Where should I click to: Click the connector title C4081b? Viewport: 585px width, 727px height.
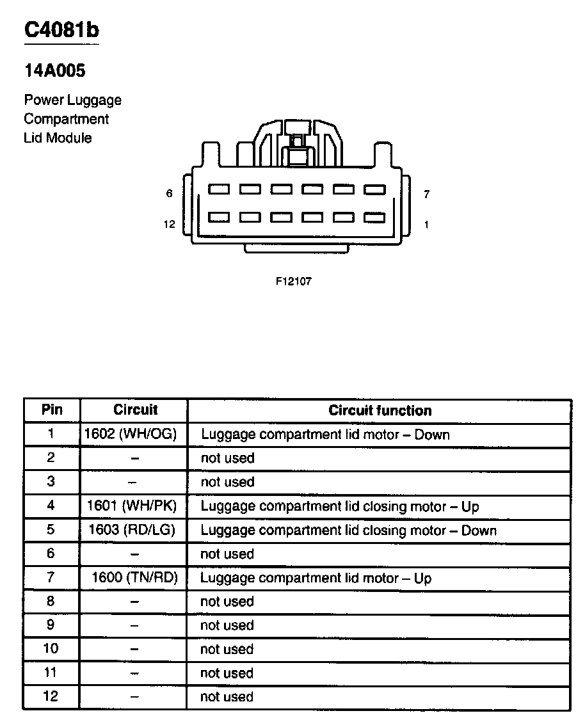click(61, 30)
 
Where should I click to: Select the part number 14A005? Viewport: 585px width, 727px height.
click(54, 71)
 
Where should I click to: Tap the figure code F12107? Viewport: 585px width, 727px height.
click(294, 281)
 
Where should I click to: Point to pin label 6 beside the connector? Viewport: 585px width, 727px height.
click(169, 193)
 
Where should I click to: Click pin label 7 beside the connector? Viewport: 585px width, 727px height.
click(426, 194)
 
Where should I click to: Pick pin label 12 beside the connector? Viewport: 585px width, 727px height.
click(169, 224)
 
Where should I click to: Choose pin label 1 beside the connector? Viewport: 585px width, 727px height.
click(426, 225)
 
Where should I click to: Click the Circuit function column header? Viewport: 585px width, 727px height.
click(380, 411)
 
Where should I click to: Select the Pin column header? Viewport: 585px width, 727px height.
click(52, 410)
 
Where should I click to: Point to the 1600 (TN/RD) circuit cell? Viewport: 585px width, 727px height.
click(134, 578)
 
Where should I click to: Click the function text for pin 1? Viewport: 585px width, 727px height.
click(325, 435)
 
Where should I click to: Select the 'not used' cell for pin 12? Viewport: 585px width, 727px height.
click(227, 697)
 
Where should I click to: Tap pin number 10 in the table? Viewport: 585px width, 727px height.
click(51, 649)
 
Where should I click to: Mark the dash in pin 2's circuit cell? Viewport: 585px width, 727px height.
click(135, 459)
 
